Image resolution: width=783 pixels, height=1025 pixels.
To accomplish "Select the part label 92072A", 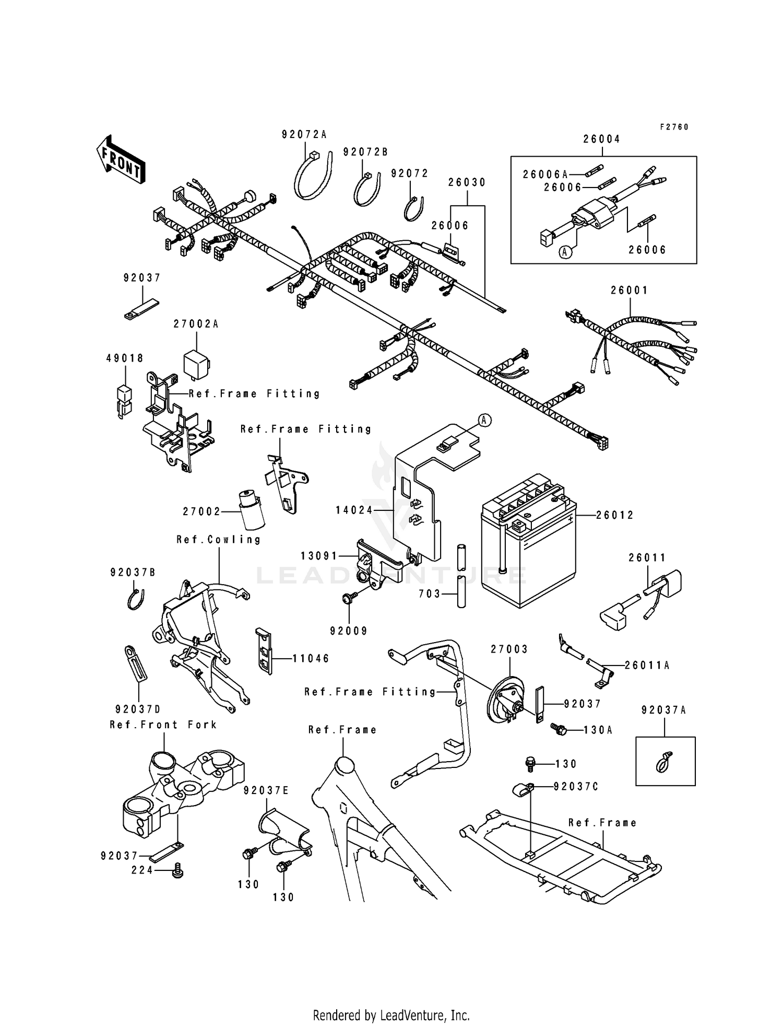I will (x=304, y=135).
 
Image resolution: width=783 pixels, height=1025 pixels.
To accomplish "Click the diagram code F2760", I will (x=674, y=127).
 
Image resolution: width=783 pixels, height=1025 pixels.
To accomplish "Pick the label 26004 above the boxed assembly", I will (x=602, y=139).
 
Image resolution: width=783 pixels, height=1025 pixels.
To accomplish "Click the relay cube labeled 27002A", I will (x=196, y=360).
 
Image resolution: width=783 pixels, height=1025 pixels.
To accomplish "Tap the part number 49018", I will (x=125, y=358).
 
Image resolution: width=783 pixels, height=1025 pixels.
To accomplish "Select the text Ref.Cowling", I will (x=219, y=540).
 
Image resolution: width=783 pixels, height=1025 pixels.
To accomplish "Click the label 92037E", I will (x=266, y=791).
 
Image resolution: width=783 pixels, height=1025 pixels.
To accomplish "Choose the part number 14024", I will (x=354, y=510).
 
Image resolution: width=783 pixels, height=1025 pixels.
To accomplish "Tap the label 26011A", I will (x=647, y=666).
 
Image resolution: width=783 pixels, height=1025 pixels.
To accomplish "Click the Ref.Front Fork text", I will (x=163, y=725).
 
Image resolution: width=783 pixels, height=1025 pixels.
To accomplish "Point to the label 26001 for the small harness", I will (x=630, y=290).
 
